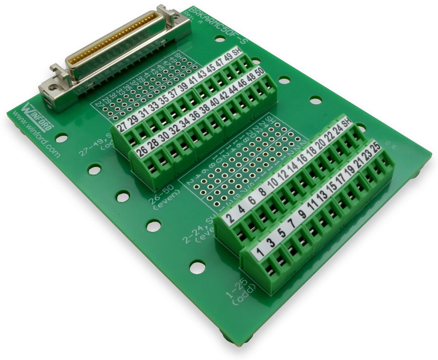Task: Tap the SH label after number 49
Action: tap(237, 52)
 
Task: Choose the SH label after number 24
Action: tap(347, 123)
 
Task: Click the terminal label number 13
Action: tap(322, 195)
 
